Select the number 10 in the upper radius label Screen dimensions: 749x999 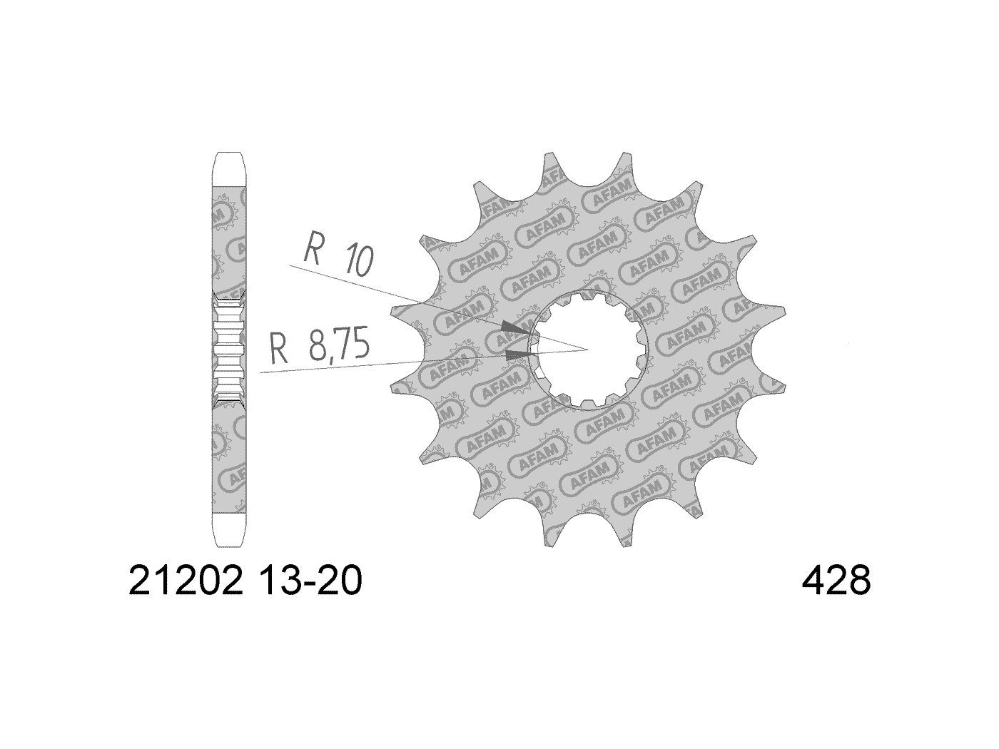357,262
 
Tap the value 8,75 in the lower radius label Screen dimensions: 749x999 339,346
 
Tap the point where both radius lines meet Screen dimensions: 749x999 586,350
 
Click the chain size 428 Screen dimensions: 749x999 836,582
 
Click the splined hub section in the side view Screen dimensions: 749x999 229,350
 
